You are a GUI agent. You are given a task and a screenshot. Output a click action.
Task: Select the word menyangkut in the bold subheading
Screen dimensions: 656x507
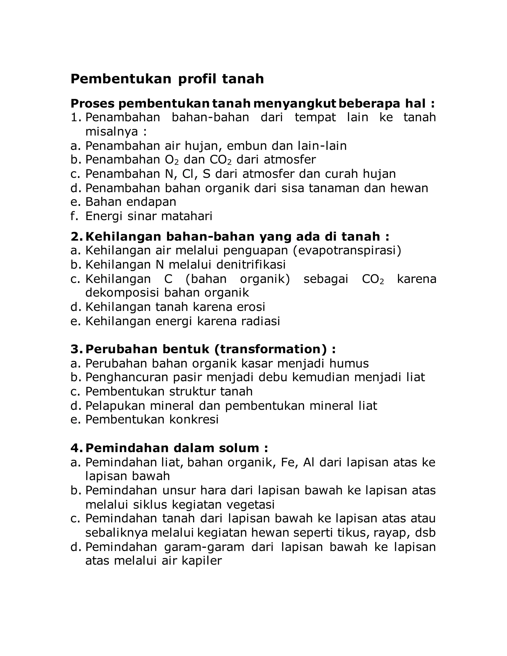coord(295,104)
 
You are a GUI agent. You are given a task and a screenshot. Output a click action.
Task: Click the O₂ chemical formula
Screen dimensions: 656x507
coord(172,160)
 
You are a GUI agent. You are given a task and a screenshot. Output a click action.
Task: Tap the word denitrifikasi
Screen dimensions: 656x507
coord(251,265)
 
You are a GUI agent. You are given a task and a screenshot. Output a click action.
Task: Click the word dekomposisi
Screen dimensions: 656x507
coord(122,293)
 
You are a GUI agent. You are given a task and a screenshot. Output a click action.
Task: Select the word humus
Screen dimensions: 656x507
coord(349,363)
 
